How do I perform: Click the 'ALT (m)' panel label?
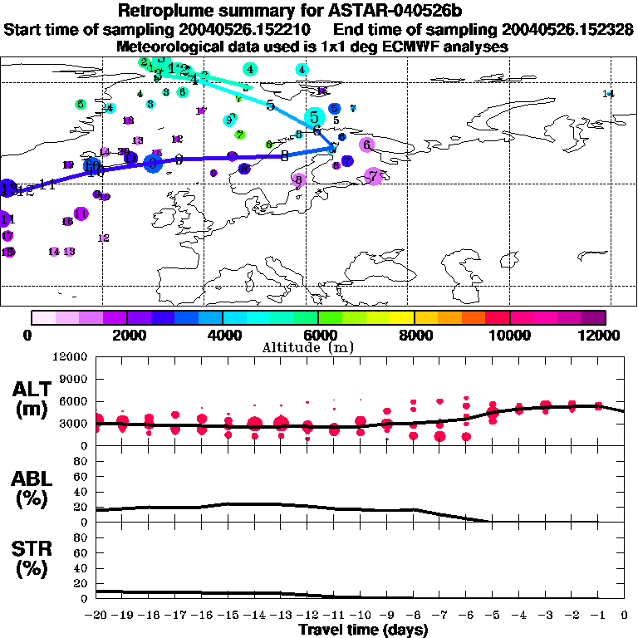click(34, 399)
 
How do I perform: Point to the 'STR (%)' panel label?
click(34, 559)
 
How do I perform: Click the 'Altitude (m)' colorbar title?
click(318, 346)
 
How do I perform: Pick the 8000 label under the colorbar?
click(414, 335)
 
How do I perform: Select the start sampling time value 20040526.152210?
click(241, 30)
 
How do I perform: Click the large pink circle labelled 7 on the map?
click(374, 176)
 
